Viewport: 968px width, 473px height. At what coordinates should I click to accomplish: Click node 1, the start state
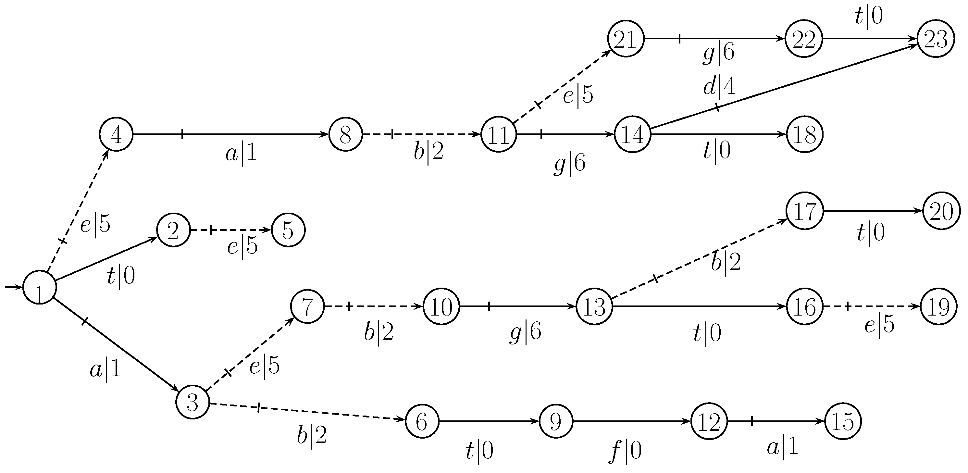pos(40,287)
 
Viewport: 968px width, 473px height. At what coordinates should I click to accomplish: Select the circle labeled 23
pos(936,39)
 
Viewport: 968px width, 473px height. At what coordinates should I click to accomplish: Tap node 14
pos(632,134)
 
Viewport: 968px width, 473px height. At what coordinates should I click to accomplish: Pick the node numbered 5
pos(288,230)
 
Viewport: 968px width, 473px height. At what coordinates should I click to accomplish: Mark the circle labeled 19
pos(939,306)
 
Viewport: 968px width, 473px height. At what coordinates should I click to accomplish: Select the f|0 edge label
pos(625,451)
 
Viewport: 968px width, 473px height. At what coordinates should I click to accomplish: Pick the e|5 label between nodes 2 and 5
pos(242,246)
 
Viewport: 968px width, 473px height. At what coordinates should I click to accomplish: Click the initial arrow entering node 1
pos(13,287)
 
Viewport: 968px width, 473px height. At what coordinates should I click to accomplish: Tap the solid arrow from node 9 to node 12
pos(631,421)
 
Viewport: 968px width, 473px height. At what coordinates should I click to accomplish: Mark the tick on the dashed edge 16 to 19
pos(848,306)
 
